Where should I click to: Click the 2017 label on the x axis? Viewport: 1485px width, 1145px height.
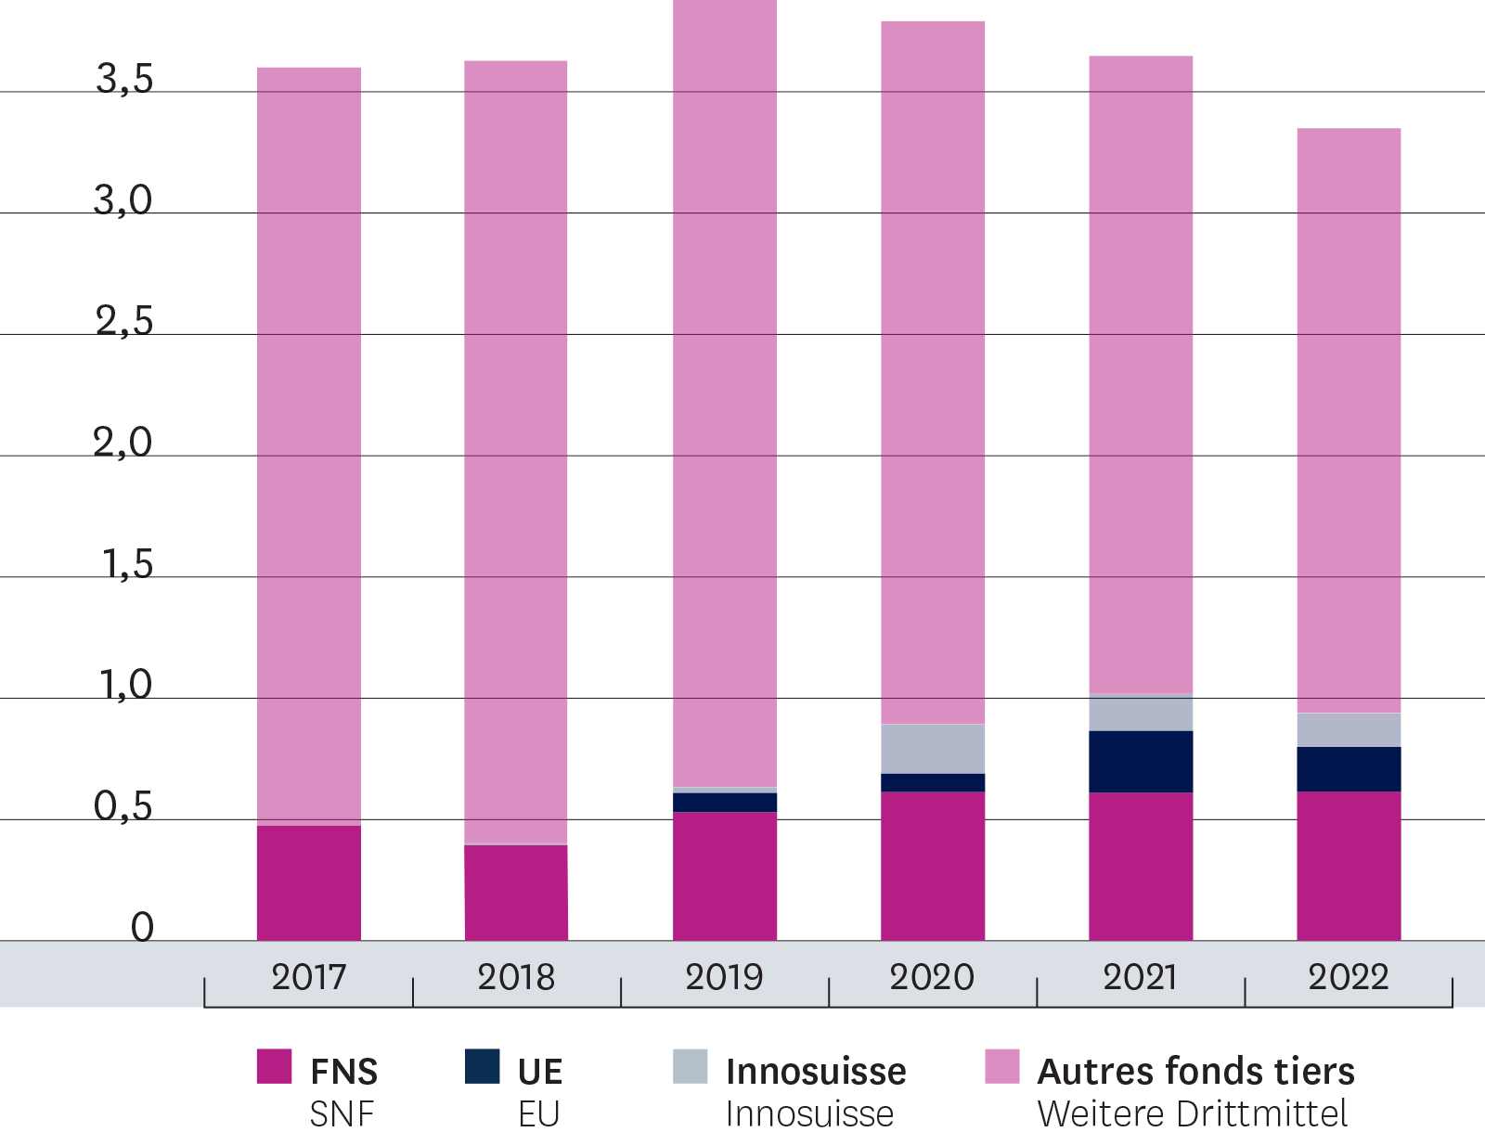click(x=308, y=977)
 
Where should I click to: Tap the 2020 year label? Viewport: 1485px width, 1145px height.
click(x=932, y=977)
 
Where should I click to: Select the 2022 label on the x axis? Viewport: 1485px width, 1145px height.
click(x=1348, y=977)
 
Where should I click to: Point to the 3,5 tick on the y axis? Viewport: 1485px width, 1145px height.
click(x=124, y=80)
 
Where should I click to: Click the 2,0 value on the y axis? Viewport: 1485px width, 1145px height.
click(x=123, y=443)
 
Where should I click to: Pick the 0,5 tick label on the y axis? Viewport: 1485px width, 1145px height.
click(x=123, y=806)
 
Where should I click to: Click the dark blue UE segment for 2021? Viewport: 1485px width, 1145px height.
click(x=1141, y=762)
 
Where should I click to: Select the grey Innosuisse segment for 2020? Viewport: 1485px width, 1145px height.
click(x=933, y=749)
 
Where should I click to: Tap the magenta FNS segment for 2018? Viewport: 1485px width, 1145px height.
click(x=516, y=893)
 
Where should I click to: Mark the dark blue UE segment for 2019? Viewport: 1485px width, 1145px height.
click(x=725, y=803)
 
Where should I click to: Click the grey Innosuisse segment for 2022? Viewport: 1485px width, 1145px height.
click(x=1349, y=730)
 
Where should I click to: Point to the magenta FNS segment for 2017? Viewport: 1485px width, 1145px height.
click(x=309, y=882)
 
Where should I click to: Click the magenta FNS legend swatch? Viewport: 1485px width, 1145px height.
click(x=274, y=1067)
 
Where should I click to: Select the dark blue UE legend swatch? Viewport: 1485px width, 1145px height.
click(x=482, y=1067)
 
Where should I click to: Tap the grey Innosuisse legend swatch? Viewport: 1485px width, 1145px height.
click(x=690, y=1067)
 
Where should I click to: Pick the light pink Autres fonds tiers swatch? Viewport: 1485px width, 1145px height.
click(x=1001, y=1067)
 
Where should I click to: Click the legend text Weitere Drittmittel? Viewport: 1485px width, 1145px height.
click(x=1192, y=1113)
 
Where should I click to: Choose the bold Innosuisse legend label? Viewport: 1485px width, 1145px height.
click(x=816, y=1072)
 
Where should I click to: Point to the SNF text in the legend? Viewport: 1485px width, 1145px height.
click(x=342, y=1113)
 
